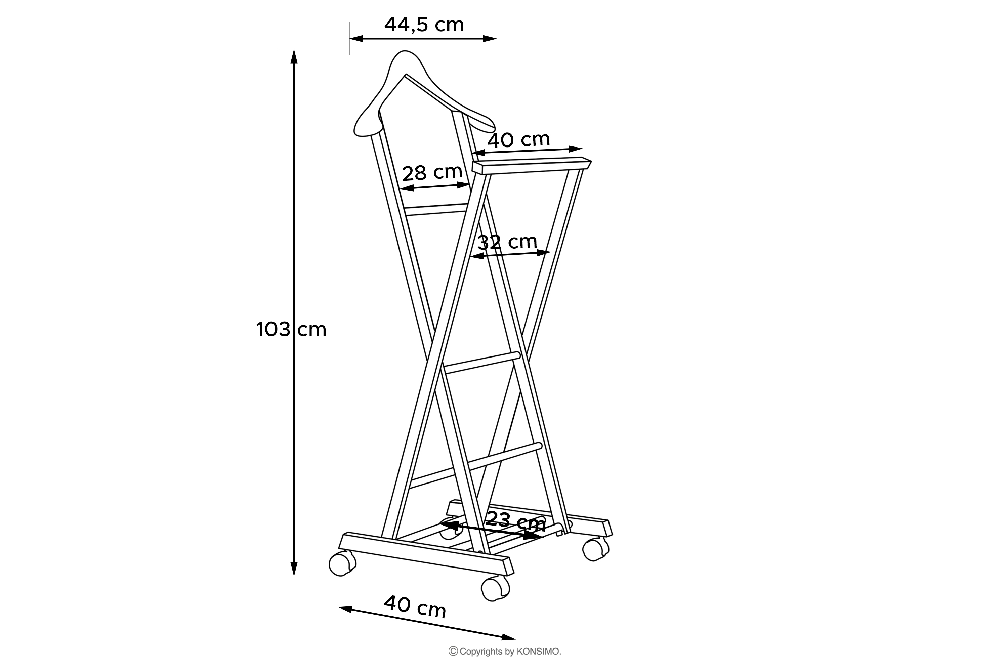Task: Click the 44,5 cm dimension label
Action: click(x=424, y=25)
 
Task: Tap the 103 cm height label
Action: click(x=291, y=330)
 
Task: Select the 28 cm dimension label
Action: click(x=432, y=172)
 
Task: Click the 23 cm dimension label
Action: click(x=515, y=521)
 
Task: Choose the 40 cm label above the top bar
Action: click(x=518, y=139)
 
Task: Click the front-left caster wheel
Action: click(x=342, y=564)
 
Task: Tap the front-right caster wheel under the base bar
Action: click(x=495, y=588)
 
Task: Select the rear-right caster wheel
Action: click(x=595, y=549)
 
